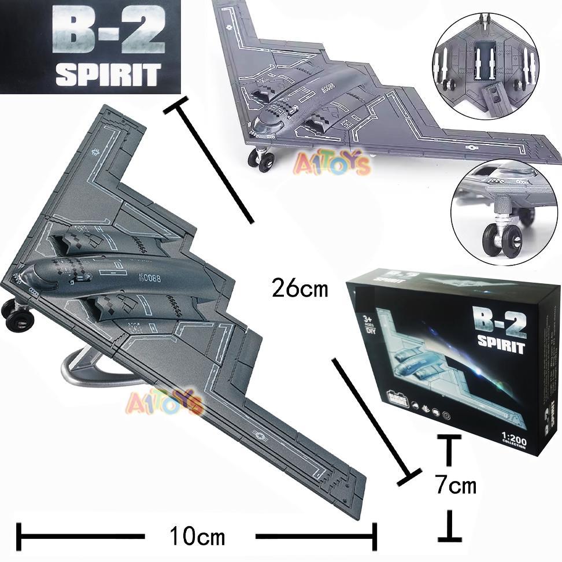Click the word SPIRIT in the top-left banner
click(x=108, y=75)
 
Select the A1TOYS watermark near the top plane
click(x=332, y=164)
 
